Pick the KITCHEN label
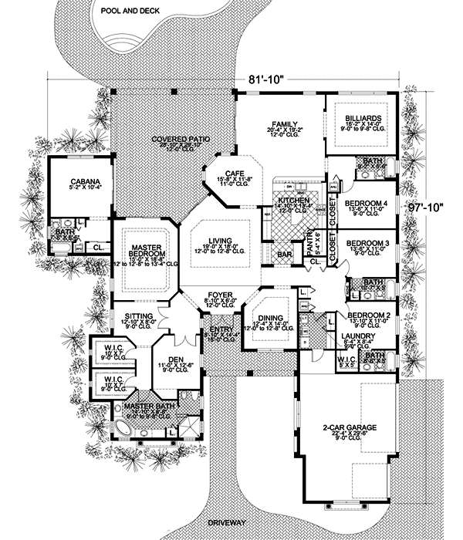click(x=294, y=200)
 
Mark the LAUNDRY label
click(x=360, y=336)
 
